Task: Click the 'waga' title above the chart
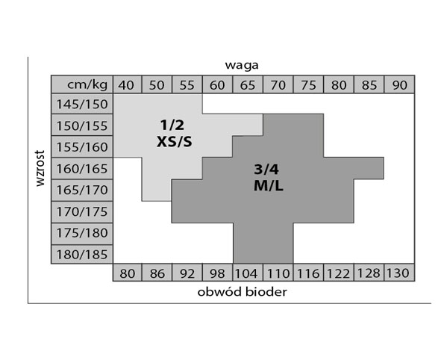242,66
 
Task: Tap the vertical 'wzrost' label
40,168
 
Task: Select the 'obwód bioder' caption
242,292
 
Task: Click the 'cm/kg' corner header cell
82,84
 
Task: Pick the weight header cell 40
127,84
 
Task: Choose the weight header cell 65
248,84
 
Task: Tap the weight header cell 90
399,84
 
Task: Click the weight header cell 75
308,84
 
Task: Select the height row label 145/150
82,104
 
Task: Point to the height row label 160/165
82,169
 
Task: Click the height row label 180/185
82,254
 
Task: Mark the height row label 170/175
82,211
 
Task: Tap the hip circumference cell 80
127,273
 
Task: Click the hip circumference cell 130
399,273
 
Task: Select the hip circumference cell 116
308,273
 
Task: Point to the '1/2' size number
172,125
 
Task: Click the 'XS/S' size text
174,141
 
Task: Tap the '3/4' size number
266,170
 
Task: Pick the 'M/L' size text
269,186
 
